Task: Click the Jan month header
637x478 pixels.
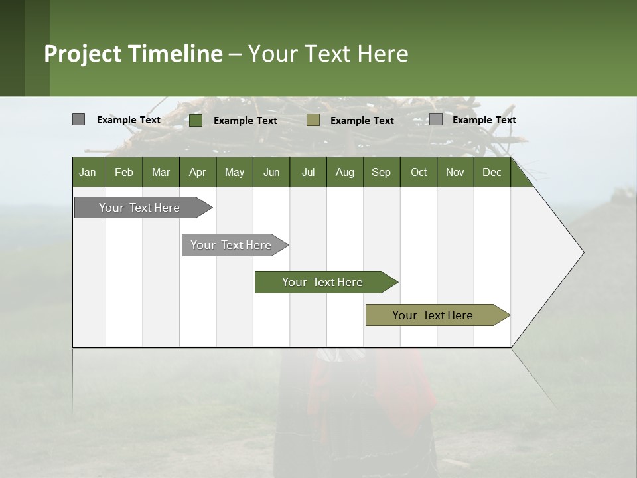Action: [88, 172]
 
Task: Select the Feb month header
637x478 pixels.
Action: [124, 172]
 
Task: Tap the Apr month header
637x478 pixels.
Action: [197, 172]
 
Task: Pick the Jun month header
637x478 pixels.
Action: [271, 172]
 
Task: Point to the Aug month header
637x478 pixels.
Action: [344, 172]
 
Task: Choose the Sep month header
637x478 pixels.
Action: [381, 172]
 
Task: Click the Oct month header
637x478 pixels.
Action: [419, 172]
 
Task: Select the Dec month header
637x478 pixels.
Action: [492, 172]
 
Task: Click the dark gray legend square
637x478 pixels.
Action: [78, 119]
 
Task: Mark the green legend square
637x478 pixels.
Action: [195, 120]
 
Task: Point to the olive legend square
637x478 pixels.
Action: [313, 120]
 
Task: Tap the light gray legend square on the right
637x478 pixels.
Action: [435, 119]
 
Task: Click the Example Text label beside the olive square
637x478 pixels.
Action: [362, 121]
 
